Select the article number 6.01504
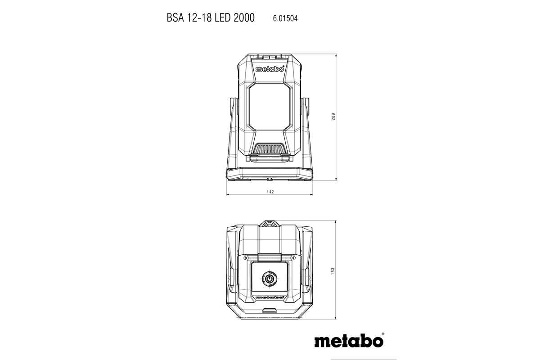(285, 18)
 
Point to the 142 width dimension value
(270, 192)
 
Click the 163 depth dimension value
(333, 272)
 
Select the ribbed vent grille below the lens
(270, 148)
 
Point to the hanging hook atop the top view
(270, 223)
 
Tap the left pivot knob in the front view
(234, 110)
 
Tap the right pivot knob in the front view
(306, 110)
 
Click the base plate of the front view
(270, 174)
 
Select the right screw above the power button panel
(293, 258)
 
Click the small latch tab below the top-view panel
(269, 310)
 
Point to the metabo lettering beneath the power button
(270, 297)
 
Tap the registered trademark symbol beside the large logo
(383, 334)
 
